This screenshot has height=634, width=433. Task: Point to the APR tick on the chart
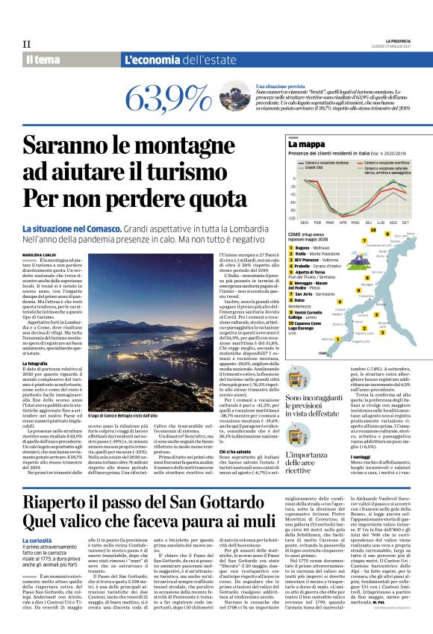(x=343, y=223)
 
